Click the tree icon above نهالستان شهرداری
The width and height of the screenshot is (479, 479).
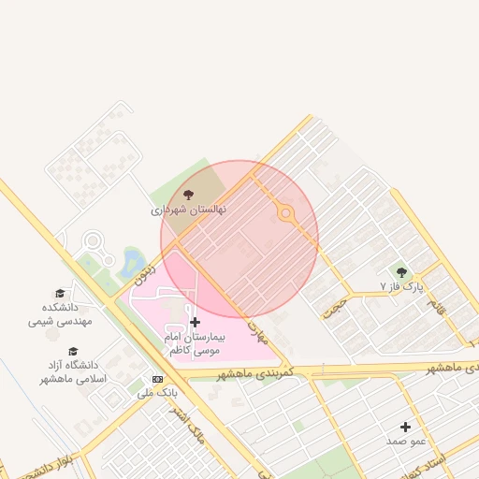pos(189,196)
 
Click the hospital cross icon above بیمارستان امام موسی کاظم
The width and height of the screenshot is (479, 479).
pos(194,322)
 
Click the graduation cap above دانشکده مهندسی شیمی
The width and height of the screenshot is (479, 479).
pos(60,293)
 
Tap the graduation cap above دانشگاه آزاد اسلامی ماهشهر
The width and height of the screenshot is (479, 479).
pos(73,351)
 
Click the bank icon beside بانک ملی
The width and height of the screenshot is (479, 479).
pos(157,379)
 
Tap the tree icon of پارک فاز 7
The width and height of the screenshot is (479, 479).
pos(402,272)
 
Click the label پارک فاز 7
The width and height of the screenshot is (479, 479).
pos(402,285)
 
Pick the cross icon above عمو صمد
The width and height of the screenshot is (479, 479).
pos(405,427)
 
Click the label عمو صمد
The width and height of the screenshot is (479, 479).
pos(405,440)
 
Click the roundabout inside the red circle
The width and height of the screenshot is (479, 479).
pos(285,214)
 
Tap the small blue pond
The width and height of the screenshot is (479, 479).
pos(132,258)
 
